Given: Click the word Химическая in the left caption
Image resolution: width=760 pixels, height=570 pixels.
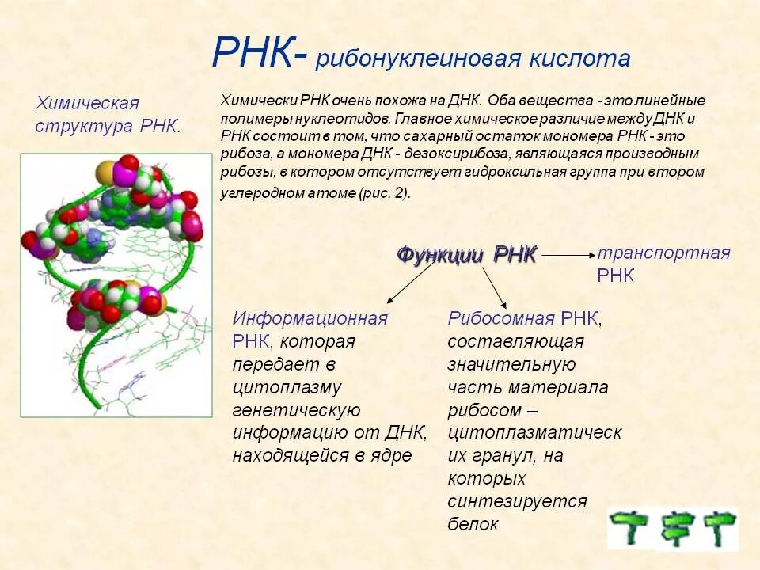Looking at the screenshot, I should tap(87, 104).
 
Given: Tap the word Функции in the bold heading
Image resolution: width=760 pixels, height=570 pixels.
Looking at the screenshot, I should tap(440, 255).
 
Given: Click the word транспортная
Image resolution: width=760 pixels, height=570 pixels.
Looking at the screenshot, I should tap(663, 253).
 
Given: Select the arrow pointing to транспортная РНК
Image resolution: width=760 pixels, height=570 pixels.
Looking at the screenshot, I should tap(568, 255).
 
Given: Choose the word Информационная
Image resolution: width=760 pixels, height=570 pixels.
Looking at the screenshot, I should tap(310, 318).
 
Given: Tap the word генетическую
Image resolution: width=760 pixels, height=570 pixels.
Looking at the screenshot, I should tap(297, 411).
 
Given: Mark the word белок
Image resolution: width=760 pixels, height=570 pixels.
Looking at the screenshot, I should tap(473, 524).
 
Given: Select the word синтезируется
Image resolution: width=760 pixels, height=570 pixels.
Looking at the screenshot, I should tap(517, 501).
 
